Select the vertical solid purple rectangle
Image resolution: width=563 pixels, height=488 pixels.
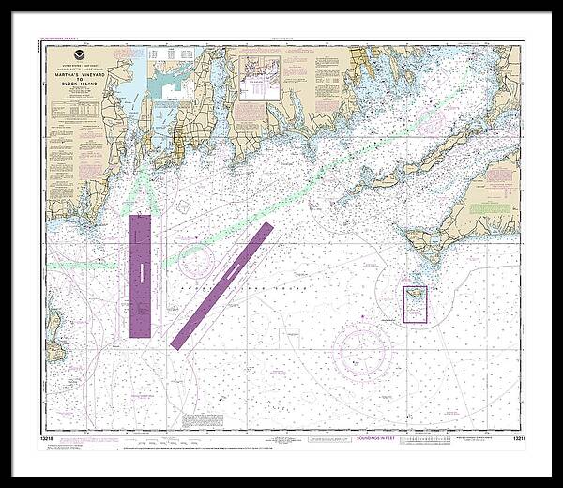pos(140,276)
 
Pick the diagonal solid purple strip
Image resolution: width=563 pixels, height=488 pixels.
pos(221,285)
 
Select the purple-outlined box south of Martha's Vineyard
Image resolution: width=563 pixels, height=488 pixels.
pos(415,305)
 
